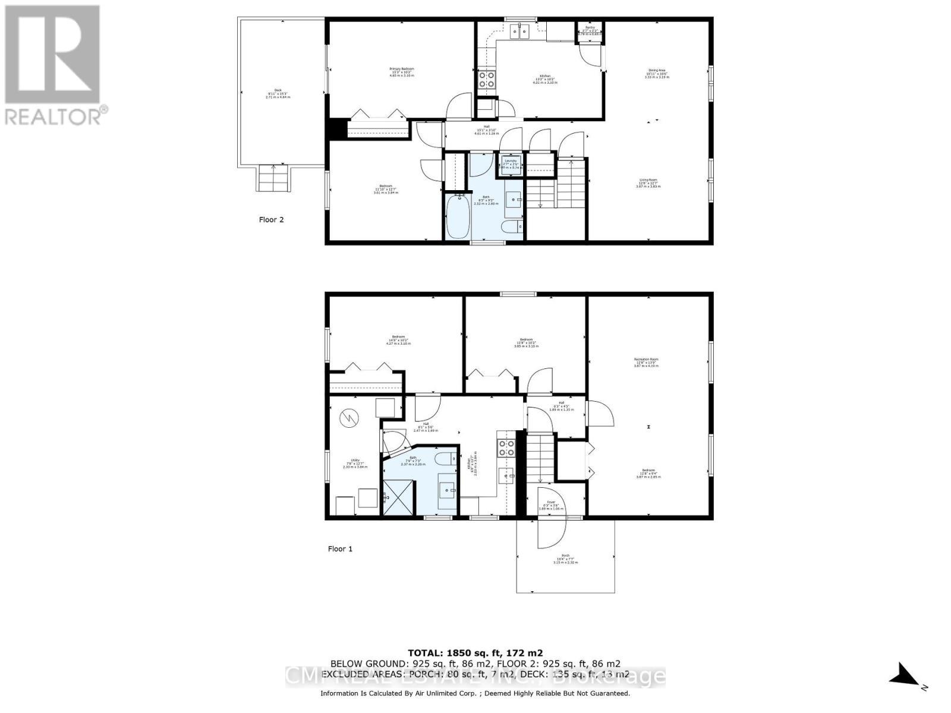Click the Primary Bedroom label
401,72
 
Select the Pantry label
590,31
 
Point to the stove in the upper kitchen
487,80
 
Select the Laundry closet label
511,163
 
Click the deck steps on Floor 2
274,178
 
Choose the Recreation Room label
646,362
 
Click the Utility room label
355,463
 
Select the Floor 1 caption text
340,548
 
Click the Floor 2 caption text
271,219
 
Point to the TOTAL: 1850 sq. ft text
475,652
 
